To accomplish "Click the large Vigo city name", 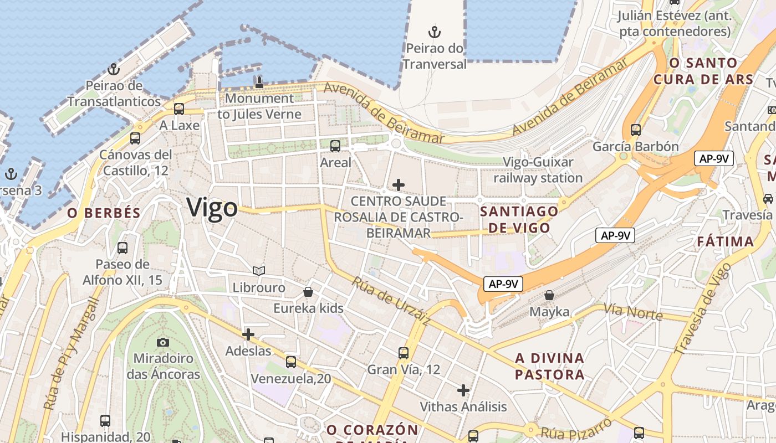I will click(212, 208).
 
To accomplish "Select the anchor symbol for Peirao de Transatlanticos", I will click(114, 69).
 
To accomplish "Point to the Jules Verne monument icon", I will click(259, 83).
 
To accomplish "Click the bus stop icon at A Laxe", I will click(178, 109).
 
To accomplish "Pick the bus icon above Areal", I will click(335, 146).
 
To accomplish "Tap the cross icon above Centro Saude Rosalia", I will click(398, 184).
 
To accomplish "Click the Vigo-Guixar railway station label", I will click(538, 170).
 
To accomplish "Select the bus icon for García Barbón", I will click(635, 130).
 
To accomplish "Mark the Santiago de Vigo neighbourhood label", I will click(519, 219).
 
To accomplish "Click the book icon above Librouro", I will click(259, 271).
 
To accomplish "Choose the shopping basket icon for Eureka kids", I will click(308, 291).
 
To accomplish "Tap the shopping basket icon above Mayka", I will click(549, 295).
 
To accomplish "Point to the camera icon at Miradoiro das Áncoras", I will click(163, 342).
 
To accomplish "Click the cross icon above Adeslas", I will click(248, 334).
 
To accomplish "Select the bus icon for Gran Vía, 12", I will click(404, 353).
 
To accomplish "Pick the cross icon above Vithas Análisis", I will click(463, 390).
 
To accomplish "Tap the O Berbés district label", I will click(104, 213).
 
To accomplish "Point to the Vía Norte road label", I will click(633, 312).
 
